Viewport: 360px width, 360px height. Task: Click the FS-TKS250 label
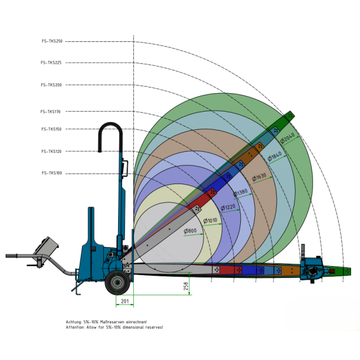pyautogui.click(x=51, y=41)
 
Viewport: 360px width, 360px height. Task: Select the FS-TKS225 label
pyautogui.click(x=51, y=62)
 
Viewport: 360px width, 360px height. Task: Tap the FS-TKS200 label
pyautogui.click(x=51, y=85)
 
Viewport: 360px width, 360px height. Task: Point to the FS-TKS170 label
pyautogui.click(x=51, y=112)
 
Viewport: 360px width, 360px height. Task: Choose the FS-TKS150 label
pyautogui.click(x=51, y=129)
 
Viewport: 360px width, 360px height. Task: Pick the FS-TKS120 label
pyautogui.click(x=51, y=152)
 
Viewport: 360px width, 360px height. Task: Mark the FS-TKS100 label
pyautogui.click(x=51, y=173)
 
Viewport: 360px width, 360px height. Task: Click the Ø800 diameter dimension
pyautogui.click(x=190, y=230)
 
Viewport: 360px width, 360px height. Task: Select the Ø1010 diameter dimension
pyautogui.click(x=211, y=220)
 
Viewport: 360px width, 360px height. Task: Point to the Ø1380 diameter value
pyautogui.click(x=241, y=192)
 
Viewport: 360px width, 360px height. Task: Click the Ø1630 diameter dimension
pyautogui.click(x=259, y=176)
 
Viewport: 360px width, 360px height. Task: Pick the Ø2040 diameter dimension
pyautogui.click(x=287, y=139)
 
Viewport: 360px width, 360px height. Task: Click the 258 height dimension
pyautogui.click(x=186, y=286)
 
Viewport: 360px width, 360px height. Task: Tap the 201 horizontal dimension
pyautogui.click(x=125, y=301)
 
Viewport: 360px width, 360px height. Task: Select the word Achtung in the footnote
pyautogui.click(x=74, y=322)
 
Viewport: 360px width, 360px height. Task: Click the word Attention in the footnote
pyautogui.click(x=75, y=326)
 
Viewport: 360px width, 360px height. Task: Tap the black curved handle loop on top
pyautogui.click(x=110, y=127)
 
